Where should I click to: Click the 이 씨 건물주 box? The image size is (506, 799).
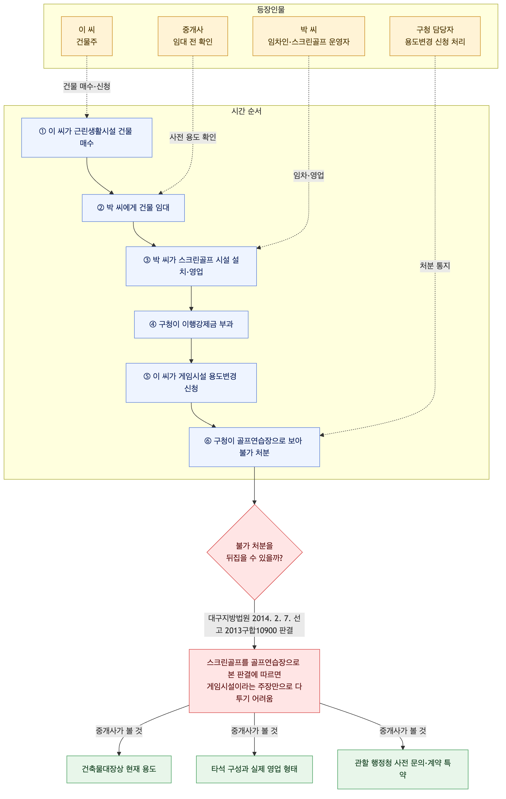pyautogui.click(x=87, y=36)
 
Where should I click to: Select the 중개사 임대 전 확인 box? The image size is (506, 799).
pyautogui.click(x=193, y=36)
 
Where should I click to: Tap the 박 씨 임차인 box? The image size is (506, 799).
pyautogui.click(x=309, y=36)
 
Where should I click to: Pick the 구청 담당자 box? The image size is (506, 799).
pyautogui.click(x=435, y=36)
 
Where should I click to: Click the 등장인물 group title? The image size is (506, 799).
pyautogui.click(x=271, y=10)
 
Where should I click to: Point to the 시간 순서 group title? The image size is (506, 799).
pyautogui.click(x=246, y=111)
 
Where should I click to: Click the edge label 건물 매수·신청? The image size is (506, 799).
pyautogui.click(x=87, y=86)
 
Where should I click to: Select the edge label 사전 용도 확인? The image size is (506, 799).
pyautogui.click(x=193, y=137)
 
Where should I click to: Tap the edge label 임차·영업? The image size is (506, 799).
pyautogui.click(x=309, y=175)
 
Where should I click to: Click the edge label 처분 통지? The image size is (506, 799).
pyautogui.click(x=435, y=266)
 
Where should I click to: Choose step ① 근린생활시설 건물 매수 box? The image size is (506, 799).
pyautogui.click(x=87, y=138)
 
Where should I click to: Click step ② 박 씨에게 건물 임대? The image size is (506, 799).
pyautogui.click(x=133, y=208)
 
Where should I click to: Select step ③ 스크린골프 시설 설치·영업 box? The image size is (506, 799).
pyautogui.click(x=191, y=266)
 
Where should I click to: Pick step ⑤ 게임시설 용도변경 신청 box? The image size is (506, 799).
pyautogui.click(x=191, y=383)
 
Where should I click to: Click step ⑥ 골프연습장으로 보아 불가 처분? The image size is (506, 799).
pyautogui.click(x=255, y=447)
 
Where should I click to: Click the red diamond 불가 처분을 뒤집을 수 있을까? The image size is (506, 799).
pyautogui.click(x=255, y=552)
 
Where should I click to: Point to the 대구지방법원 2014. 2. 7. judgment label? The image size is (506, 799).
pyautogui.click(x=255, y=624)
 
